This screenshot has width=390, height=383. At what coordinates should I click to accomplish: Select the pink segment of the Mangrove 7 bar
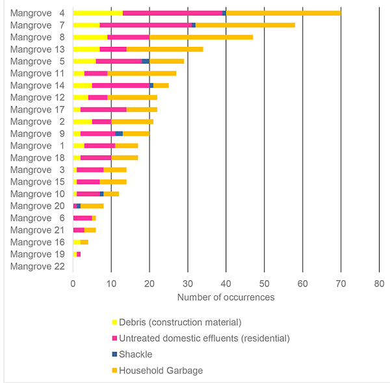point(146,25)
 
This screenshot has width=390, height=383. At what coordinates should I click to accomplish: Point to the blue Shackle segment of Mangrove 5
point(146,61)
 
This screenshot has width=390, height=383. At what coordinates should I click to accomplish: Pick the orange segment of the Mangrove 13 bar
point(164,49)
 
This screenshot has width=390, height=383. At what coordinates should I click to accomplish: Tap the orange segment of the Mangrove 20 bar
point(92,205)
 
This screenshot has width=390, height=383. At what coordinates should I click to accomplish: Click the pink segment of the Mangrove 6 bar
point(83,218)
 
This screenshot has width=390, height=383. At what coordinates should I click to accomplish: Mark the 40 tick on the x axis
point(226,284)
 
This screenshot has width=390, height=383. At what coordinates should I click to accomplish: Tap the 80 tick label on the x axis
point(379,284)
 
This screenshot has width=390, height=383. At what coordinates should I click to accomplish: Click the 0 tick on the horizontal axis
point(73,284)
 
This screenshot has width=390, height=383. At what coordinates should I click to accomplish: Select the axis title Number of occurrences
point(226,297)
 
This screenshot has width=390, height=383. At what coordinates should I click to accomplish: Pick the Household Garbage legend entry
point(160,371)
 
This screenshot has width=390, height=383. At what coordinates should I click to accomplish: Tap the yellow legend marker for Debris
point(114,323)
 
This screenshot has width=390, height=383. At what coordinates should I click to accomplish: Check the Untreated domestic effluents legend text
point(204,338)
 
